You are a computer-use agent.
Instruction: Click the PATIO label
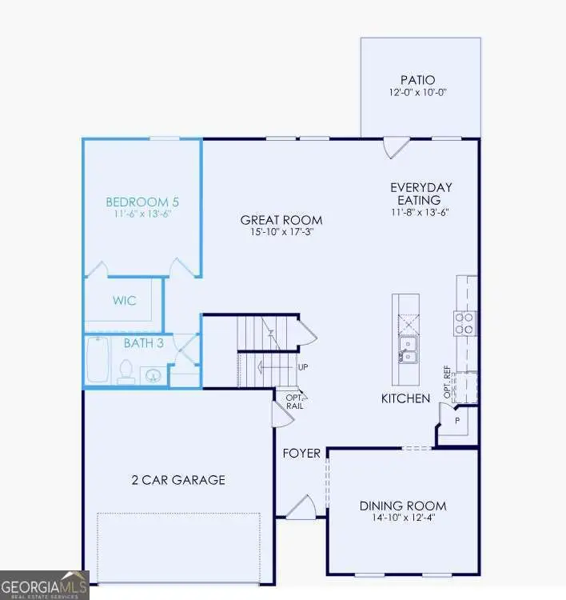click(417, 80)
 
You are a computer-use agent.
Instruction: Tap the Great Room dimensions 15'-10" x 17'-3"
click(281, 233)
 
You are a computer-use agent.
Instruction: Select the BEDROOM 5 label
click(140, 202)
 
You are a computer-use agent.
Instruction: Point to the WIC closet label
click(124, 301)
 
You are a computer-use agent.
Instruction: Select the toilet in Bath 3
click(126, 370)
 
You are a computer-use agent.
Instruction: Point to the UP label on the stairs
click(303, 367)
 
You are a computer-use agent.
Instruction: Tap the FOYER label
click(301, 454)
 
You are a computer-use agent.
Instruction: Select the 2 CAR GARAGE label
click(178, 480)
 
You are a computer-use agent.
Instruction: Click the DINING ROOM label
click(402, 506)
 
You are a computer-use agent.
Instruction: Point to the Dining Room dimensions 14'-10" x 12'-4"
click(402, 518)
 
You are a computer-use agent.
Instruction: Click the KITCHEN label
click(405, 398)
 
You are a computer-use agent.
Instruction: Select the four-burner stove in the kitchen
click(464, 322)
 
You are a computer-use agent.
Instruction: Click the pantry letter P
click(456, 419)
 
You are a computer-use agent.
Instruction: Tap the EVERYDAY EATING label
click(415, 194)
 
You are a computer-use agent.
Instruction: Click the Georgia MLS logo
click(44, 584)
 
